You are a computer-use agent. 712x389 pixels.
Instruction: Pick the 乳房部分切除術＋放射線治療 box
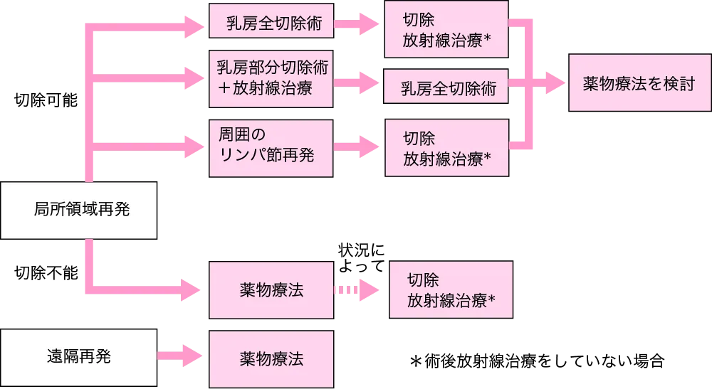[x=271, y=78]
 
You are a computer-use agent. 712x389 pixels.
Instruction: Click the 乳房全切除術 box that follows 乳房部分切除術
[x=446, y=89]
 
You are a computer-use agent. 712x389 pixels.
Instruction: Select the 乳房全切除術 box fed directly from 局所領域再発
[x=271, y=26]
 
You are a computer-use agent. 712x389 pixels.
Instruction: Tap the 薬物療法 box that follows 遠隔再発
[x=271, y=358]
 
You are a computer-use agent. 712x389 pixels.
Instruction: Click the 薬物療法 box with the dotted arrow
[x=271, y=291]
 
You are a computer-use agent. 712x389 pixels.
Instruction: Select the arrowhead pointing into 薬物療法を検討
[x=555, y=83]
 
